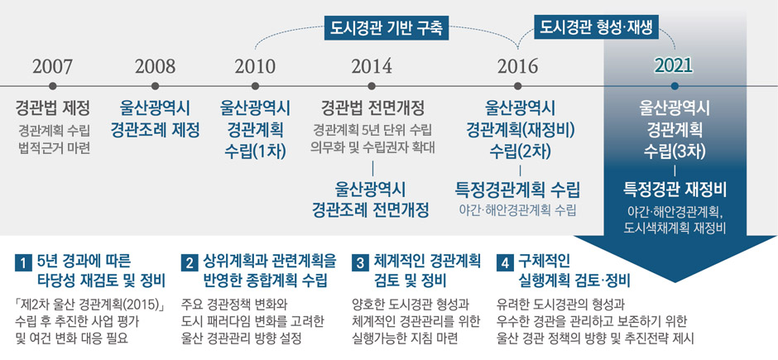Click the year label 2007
pyautogui.click(x=53, y=66)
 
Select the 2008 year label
pyautogui.click(x=155, y=66)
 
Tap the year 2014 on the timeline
pyautogui.click(x=372, y=66)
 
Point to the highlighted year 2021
pyautogui.click(x=674, y=66)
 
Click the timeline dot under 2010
pyautogui.click(x=255, y=86)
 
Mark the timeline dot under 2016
pyautogui.click(x=517, y=86)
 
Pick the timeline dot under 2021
pyautogui.click(x=674, y=86)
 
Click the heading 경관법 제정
pyautogui.click(x=53, y=108)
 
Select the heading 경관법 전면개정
pyautogui.click(x=372, y=108)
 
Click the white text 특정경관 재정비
pyautogui.click(x=674, y=189)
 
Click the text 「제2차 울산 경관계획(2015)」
pyautogui.click(x=89, y=304)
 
